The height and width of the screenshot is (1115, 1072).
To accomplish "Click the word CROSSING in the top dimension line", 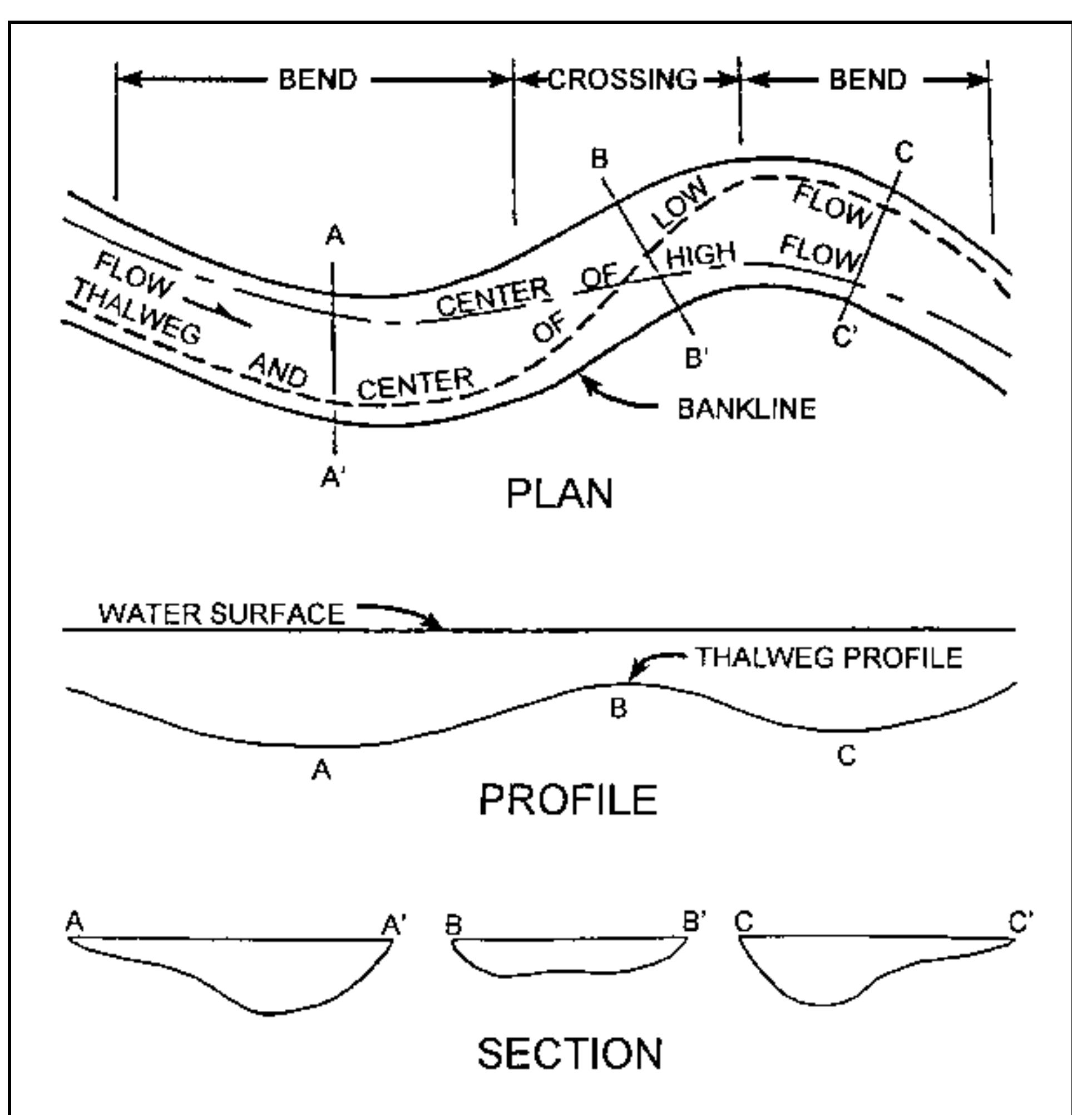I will point(623,79).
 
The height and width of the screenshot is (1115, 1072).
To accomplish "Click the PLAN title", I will point(559,494).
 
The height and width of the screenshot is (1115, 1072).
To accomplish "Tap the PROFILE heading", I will point(568,800).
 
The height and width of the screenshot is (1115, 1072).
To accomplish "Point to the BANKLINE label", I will point(747,409).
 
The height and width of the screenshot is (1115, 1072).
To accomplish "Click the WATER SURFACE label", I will point(221,614).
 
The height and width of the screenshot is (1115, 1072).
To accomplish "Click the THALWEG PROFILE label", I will point(829,657).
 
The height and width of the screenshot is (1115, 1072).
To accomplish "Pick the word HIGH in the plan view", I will point(700,257).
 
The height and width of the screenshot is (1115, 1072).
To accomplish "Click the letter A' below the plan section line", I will point(334,478).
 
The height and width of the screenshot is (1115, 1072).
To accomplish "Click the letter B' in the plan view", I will point(696,358).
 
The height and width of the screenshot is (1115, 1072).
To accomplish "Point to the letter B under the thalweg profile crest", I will point(619,708).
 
